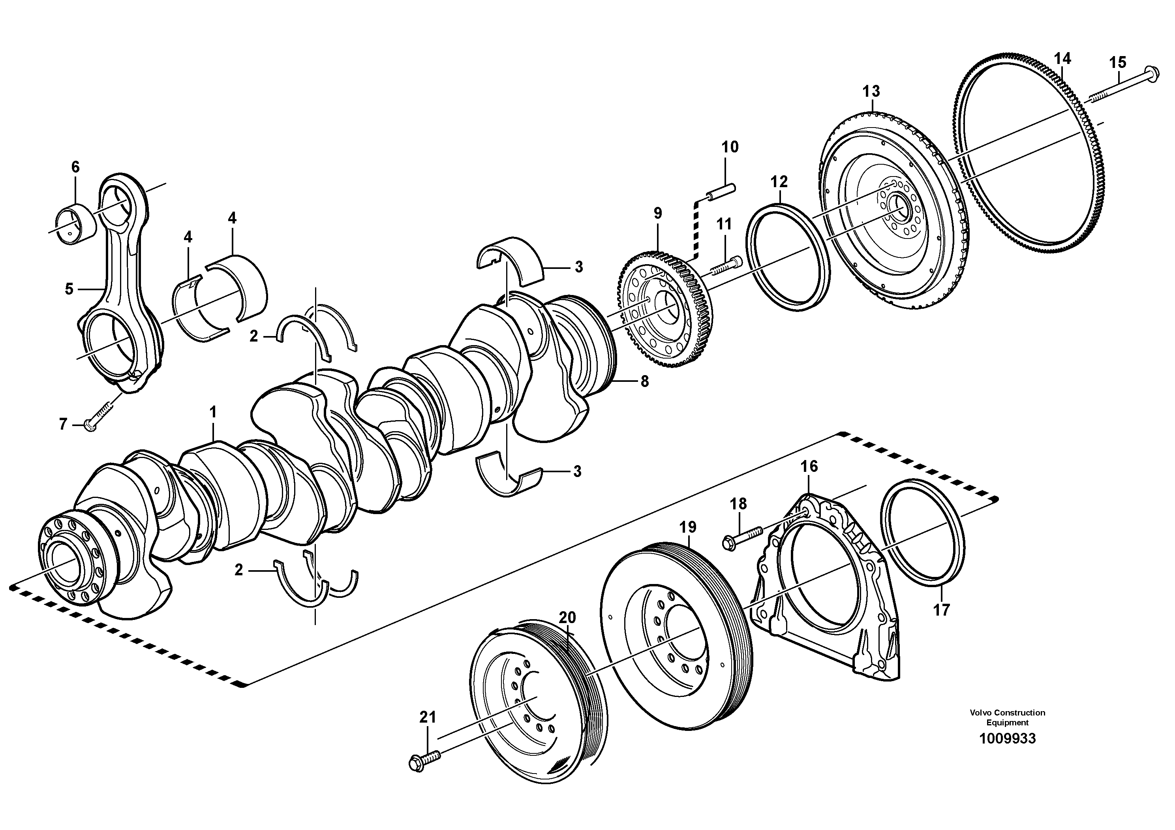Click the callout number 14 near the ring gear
pos(1062,59)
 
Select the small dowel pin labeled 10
pos(721,192)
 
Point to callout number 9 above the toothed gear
pos(658,213)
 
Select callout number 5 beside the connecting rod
pos(69,289)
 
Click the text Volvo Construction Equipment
pos(1007,717)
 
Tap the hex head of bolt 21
pos(417,764)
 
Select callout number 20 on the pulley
pos(567,618)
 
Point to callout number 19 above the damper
pos(688,527)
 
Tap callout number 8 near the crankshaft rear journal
pos(644,381)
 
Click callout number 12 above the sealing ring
pos(780,182)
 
